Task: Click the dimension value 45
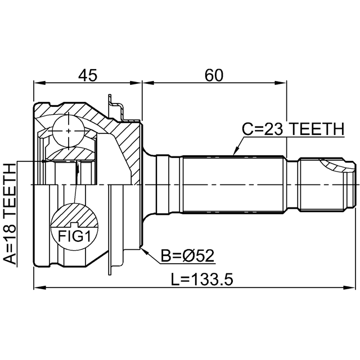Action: [x=88, y=75]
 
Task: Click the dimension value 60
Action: [x=214, y=75]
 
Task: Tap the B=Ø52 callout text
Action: [x=187, y=255]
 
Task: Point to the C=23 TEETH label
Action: [x=294, y=129]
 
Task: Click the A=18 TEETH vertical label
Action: [x=10, y=214]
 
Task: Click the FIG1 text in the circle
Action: [x=74, y=236]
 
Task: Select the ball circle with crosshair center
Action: [x=69, y=131]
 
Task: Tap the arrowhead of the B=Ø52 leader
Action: [x=144, y=251]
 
